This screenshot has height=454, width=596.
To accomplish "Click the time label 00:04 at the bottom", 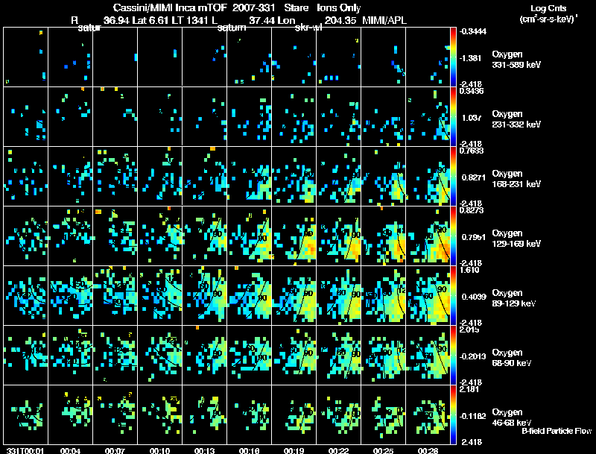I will coord(70,450).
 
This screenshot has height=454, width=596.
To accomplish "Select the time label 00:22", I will coord(339,450).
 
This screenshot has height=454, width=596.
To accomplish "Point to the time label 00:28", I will coord(428,450).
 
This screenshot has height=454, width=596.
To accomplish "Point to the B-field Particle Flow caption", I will coord(556,431).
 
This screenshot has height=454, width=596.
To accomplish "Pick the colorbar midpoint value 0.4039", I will coord(471,297).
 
